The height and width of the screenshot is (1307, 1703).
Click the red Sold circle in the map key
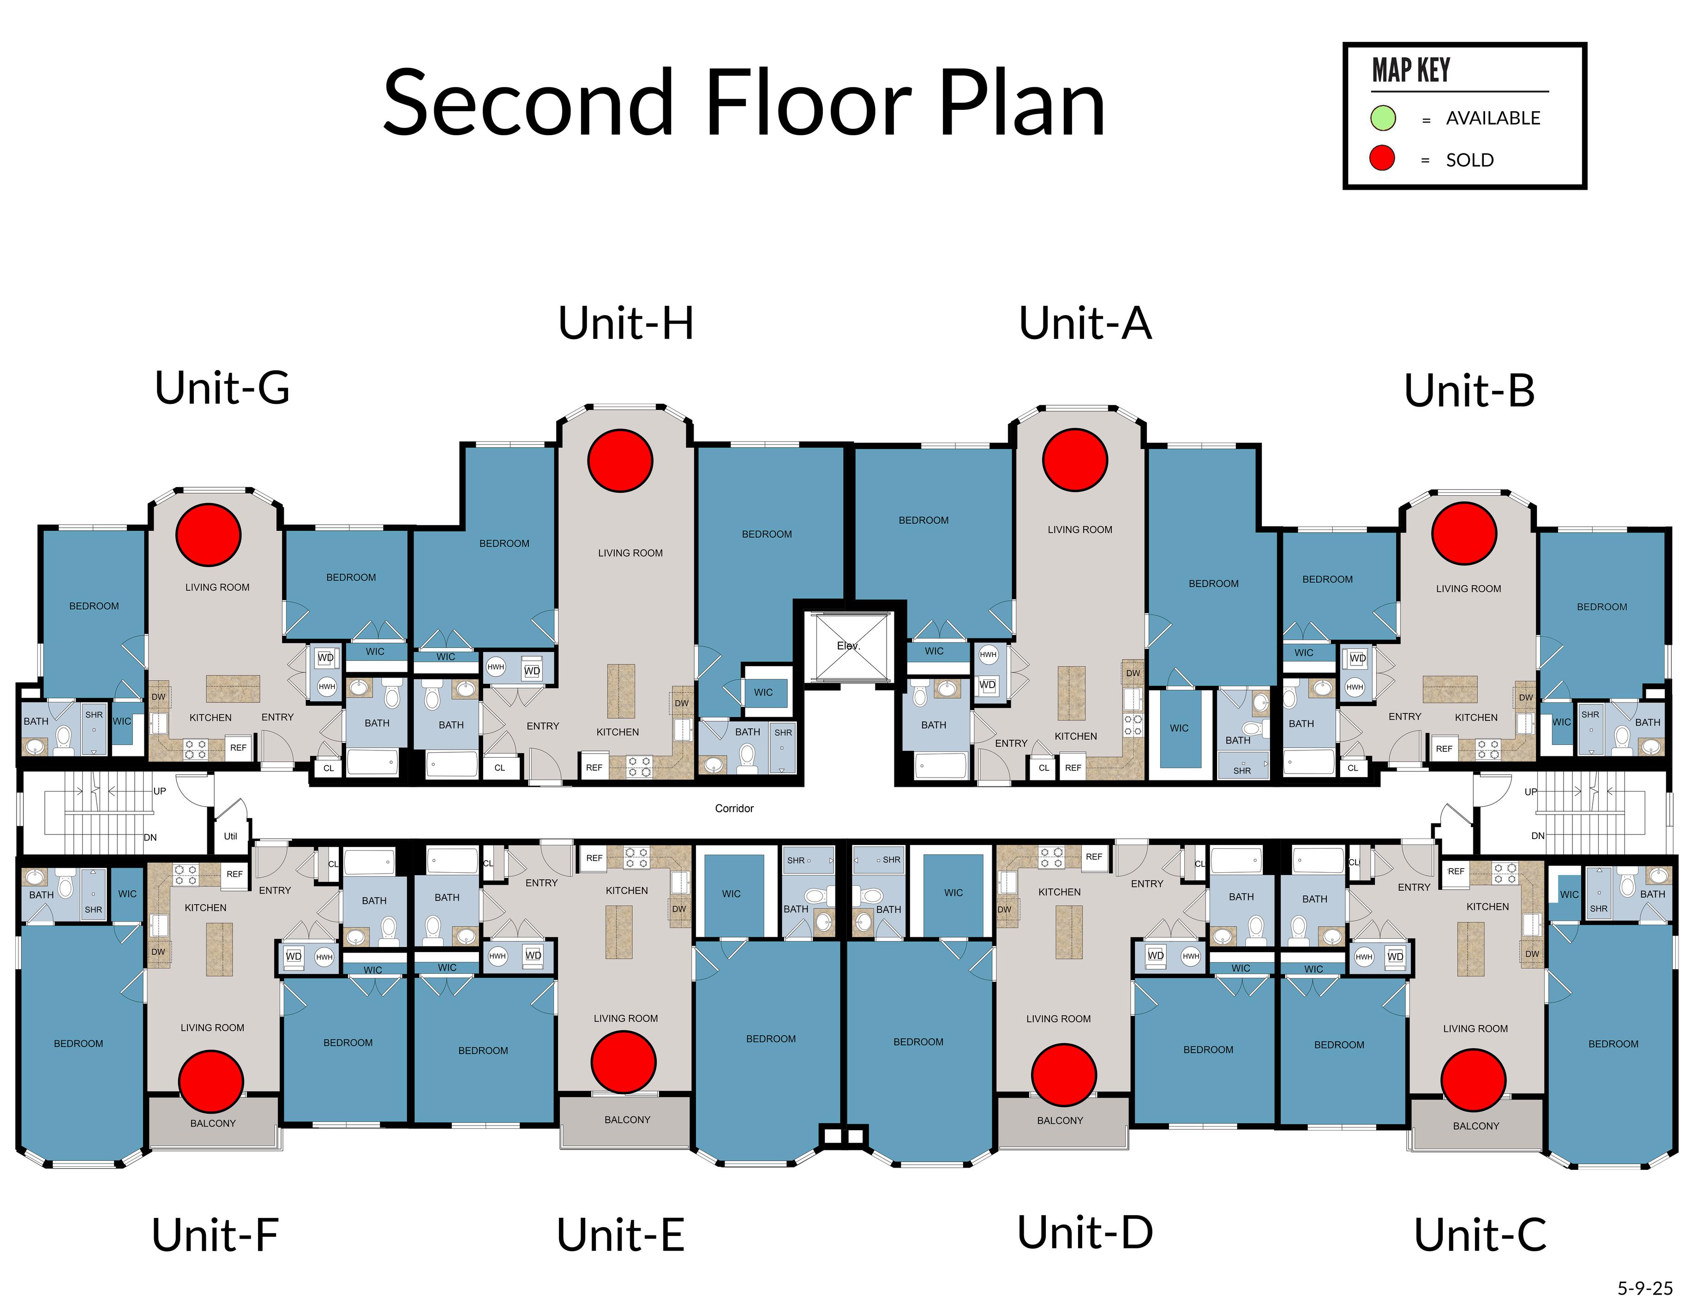(x=1382, y=159)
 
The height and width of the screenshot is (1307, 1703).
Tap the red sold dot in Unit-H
(x=620, y=461)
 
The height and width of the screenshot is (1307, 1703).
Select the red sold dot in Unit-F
(x=211, y=1080)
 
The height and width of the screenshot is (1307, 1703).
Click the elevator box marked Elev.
(x=849, y=646)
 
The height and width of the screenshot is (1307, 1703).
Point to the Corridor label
(x=734, y=808)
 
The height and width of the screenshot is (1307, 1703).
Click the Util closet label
(x=230, y=836)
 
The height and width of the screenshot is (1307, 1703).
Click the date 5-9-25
(x=1645, y=1288)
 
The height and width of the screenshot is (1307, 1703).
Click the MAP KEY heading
(x=1410, y=70)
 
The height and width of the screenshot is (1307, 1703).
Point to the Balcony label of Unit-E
(x=627, y=1120)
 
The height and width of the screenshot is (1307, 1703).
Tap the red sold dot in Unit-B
(x=1464, y=534)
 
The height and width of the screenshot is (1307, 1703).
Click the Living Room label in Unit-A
(x=1080, y=530)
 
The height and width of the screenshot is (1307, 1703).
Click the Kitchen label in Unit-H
(x=618, y=732)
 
